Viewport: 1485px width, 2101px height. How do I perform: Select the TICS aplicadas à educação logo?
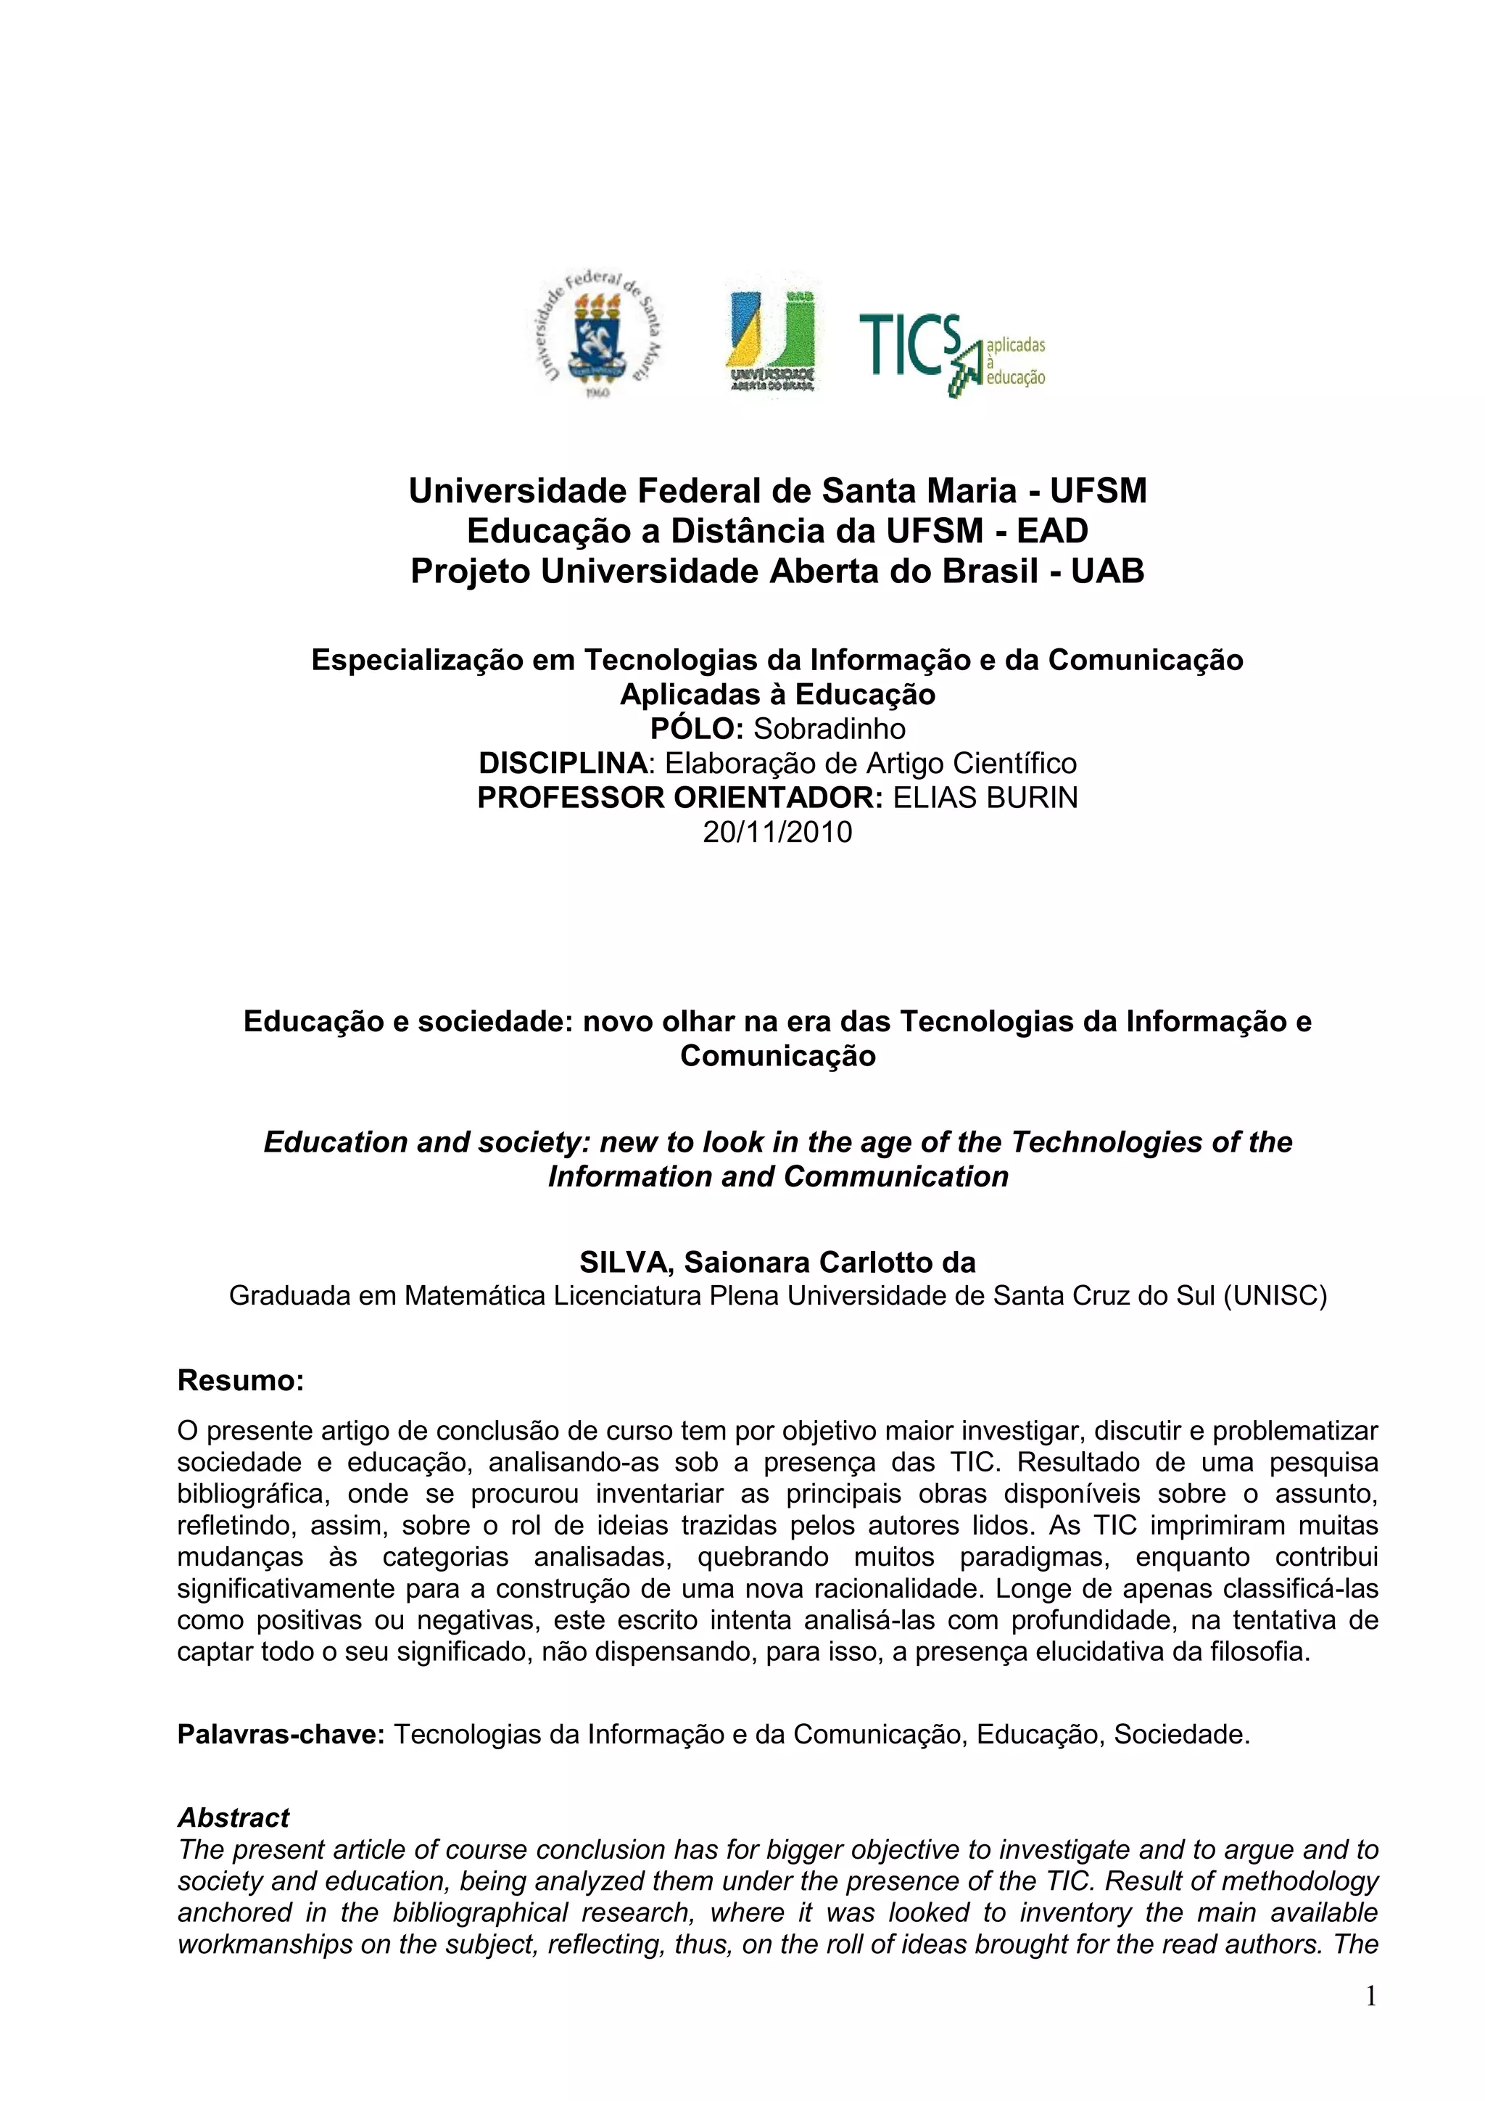pos(951,353)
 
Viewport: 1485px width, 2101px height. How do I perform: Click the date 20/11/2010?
pos(777,832)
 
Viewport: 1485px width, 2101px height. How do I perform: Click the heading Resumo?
pos(241,1380)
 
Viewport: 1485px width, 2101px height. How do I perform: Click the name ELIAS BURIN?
pos(985,798)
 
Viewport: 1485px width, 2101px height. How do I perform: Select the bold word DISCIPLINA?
pos(563,763)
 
